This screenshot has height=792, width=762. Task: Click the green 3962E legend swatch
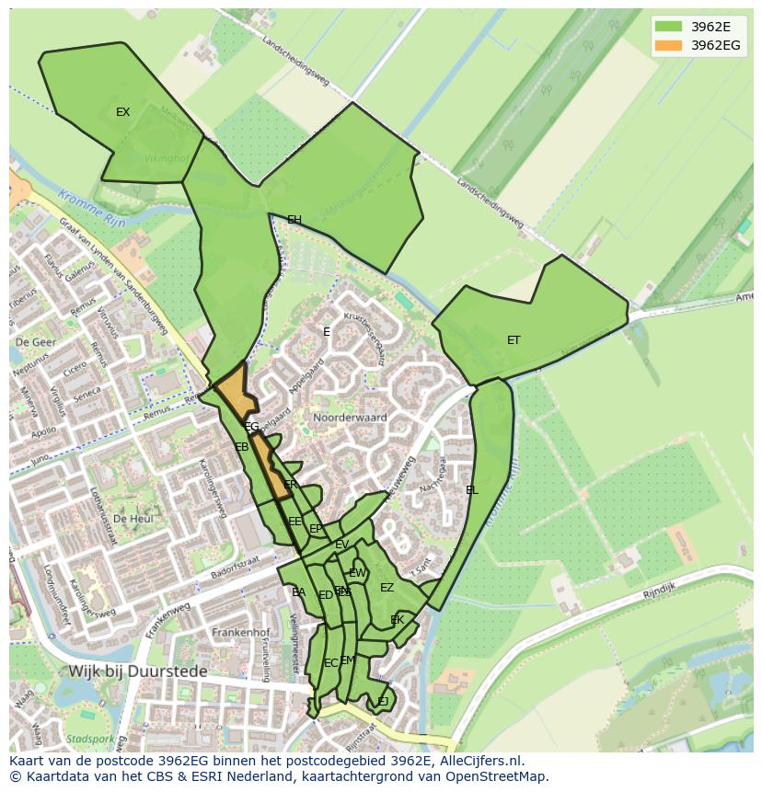(x=669, y=27)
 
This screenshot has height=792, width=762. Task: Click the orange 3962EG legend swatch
(x=669, y=45)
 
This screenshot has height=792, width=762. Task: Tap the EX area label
(x=122, y=112)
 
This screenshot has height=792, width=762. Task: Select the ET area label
(x=514, y=340)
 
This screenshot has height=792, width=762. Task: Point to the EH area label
(x=294, y=220)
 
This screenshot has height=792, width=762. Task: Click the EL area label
(x=472, y=490)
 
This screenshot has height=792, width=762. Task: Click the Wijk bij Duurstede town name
(x=139, y=671)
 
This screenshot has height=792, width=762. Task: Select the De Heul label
(x=133, y=519)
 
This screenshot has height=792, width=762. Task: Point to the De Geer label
(x=36, y=341)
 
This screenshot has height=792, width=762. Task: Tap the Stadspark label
(x=90, y=739)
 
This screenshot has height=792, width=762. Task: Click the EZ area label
(x=387, y=588)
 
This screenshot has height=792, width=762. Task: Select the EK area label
(x=398, y=620)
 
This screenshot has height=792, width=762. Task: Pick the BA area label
(x=298, y=592)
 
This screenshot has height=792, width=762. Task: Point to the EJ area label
(x=383, y=702)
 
